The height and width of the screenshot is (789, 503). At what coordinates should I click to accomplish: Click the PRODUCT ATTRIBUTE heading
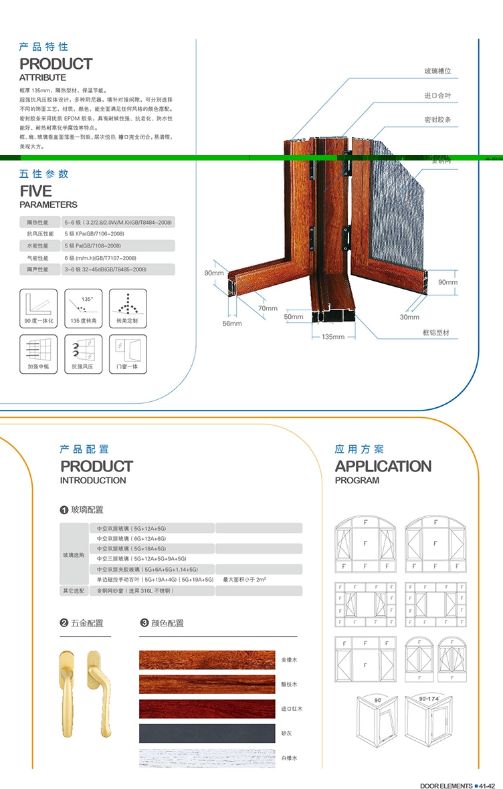[56, 68]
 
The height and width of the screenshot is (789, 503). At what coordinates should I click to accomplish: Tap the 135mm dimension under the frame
[333, 336]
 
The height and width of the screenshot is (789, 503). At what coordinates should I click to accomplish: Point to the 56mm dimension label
[232, 324]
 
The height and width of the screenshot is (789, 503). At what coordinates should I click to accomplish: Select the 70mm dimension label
[268, 308]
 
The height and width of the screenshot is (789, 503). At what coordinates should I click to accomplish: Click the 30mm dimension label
[409, 317]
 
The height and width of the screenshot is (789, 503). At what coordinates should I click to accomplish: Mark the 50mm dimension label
[293, 316]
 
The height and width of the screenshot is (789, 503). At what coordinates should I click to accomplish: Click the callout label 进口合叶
[437, 96]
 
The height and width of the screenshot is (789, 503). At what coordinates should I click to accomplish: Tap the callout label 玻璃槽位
[437, 71]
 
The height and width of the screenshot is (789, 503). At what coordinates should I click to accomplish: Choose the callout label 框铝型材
[436, 333]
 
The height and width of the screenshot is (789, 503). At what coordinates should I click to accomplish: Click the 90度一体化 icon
[37, 306]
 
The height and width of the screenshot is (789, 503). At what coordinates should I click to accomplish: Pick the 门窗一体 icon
[127, 354]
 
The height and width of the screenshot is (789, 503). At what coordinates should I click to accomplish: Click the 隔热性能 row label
[38, 221]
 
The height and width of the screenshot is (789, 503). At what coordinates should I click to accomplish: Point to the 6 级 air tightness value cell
[100, 257]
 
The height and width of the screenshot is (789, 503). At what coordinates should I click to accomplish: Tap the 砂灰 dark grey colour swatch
[207, 733]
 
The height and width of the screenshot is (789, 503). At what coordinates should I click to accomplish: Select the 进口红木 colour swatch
[207, 709]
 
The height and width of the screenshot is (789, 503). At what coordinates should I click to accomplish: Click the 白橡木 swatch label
[289, 758]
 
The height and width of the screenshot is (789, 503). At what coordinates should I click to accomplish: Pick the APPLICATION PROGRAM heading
[383, 471]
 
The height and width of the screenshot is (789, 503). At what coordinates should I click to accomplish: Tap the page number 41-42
[487, 786]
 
